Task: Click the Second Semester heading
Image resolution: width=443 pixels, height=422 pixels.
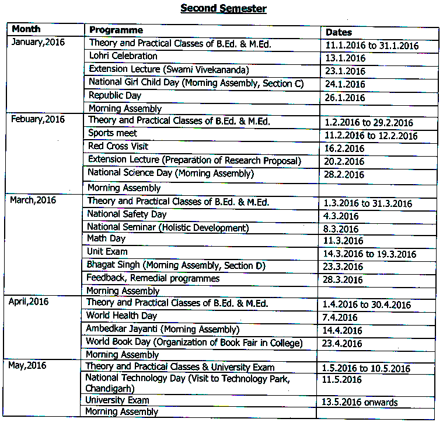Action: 223,8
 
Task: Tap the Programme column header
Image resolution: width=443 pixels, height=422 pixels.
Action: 116,30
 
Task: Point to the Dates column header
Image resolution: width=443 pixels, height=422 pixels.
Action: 339,32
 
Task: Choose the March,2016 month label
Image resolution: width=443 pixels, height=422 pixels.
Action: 33,200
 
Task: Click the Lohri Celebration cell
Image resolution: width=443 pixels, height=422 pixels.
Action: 123,56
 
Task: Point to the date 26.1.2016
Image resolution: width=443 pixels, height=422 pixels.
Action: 345,98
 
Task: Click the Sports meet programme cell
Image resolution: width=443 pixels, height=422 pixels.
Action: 113,133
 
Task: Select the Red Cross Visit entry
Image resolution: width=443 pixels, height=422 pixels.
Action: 118,146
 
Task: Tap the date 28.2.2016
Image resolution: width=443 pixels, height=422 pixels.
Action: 344,175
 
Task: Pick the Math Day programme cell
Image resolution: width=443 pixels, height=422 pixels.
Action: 106,238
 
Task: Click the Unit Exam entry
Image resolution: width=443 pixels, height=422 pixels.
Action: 107,251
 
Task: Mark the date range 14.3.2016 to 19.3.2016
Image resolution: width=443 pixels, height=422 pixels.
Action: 369,254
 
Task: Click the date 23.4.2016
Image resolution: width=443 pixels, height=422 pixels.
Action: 342,344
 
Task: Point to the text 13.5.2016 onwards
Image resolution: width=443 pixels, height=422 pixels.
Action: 360,402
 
